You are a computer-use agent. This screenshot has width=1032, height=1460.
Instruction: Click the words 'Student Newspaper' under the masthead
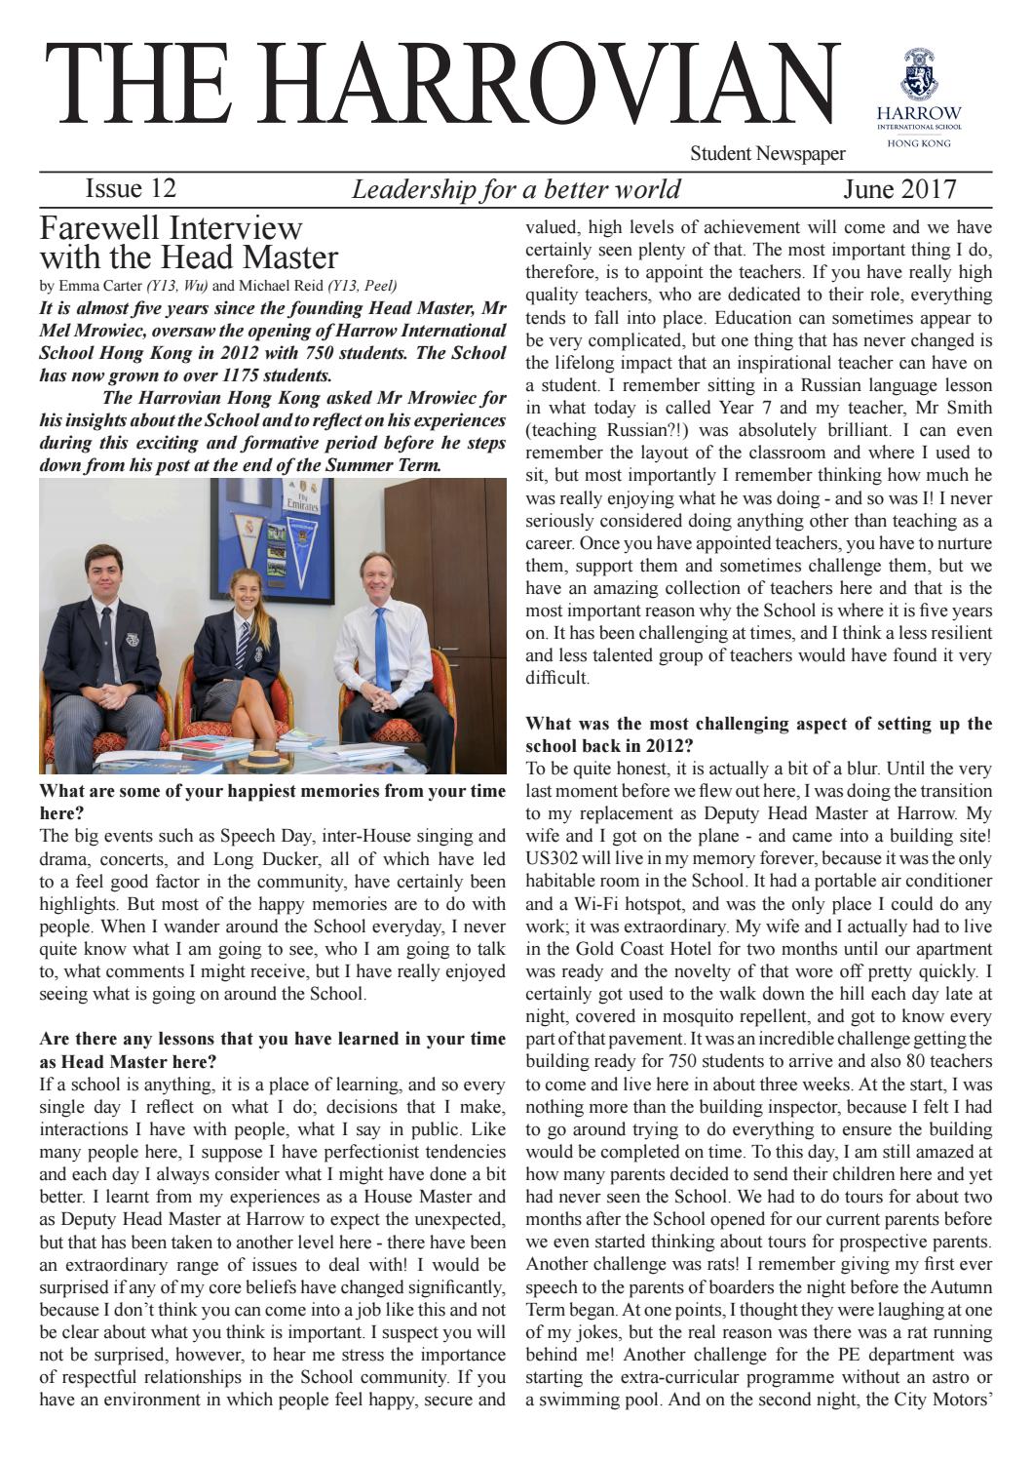coord(767,153)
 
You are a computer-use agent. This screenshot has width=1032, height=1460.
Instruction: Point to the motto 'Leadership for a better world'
coord(516,189)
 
